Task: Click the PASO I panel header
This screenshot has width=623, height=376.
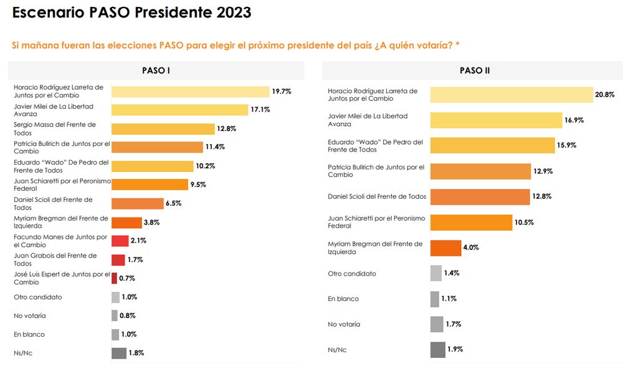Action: (156, 70)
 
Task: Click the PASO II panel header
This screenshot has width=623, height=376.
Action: (475, 70)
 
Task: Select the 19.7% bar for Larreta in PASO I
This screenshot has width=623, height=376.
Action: (190, 92)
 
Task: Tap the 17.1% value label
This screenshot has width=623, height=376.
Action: (262, 110)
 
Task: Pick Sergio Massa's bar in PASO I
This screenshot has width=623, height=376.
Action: (163, 129)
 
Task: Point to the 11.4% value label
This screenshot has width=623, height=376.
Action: (215, 148)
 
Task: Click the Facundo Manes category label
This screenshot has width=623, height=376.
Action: (60, 241)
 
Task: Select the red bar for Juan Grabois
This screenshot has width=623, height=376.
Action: (118, 260)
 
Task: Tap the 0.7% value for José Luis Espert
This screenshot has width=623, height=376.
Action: (127, 279)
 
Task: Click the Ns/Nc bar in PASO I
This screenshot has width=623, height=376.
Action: (119, 354)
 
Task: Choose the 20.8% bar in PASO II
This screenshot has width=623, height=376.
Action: (511, 95)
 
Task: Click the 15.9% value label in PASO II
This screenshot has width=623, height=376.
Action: (567, 146)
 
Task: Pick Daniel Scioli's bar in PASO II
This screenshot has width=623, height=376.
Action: (480, 197)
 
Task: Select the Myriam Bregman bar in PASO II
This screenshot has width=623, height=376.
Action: (446, 248)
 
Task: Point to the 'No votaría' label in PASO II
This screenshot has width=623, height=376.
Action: (344, 324)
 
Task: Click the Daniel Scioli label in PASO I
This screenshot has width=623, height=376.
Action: (53, 203)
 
